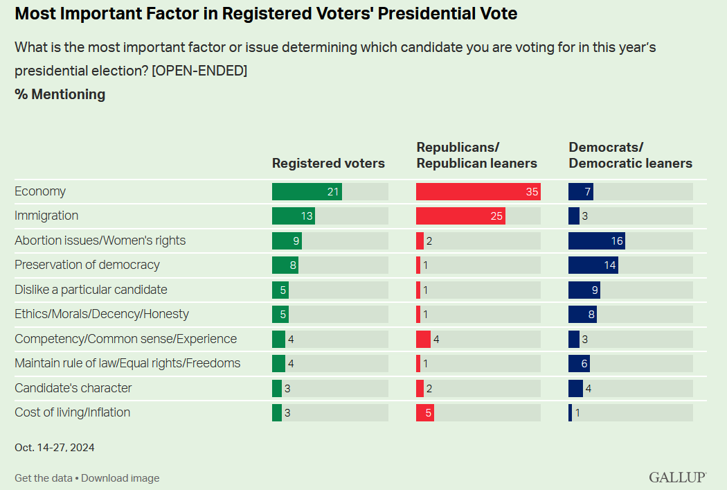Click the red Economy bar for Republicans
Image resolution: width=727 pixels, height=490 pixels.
tap(478, 191)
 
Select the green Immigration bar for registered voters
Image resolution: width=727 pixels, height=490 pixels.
tap(293, 216)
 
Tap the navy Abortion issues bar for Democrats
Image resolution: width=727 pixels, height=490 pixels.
tap(596, 240)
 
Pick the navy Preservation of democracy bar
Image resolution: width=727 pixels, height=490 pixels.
tap(593, 265)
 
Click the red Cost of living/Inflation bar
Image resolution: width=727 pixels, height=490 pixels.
tap(425, 413)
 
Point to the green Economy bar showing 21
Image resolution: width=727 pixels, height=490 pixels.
tap(307, 191)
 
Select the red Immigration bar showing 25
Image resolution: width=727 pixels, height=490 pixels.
tap(460, 216)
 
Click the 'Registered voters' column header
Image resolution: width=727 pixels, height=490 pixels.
tap(328, 164)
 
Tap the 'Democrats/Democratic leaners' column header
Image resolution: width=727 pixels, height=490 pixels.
tap(630, 155)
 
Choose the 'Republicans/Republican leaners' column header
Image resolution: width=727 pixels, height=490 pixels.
tap(476, 155)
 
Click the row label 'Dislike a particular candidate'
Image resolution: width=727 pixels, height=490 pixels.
tap(91, 290)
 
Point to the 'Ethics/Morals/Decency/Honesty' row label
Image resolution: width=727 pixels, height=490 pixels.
tap(102, 314)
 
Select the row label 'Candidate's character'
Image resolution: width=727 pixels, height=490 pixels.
tap(73, 388)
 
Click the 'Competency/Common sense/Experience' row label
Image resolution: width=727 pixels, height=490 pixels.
tap(125, 339)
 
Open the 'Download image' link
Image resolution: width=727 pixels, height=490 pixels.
tap(120, 478)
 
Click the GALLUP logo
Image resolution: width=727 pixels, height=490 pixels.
tap(677, 478)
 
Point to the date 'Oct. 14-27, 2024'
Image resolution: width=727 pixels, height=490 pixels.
tap(55, 448)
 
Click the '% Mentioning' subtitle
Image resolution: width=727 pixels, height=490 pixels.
tap(60, 95)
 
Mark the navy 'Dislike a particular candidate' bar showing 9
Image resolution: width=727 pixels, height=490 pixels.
tap(584, 290)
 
